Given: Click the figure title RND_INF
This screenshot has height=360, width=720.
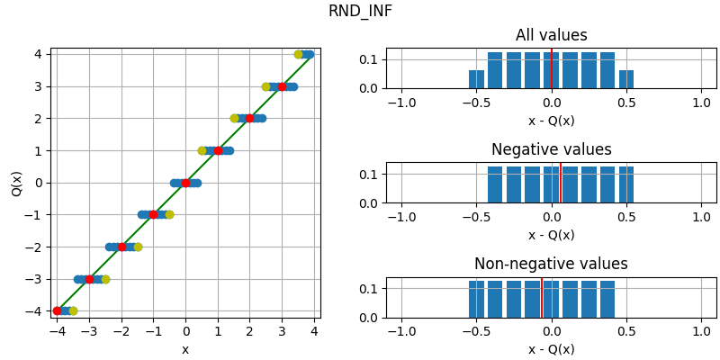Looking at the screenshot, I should (x=360, y=12).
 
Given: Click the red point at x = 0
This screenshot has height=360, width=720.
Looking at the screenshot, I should (x=185, y=183).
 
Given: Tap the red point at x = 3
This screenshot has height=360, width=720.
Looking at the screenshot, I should (x=282, y=86).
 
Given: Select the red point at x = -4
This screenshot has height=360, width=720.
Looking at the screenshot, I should (x=58, y=310).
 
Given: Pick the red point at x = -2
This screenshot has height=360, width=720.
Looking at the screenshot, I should (x=121, y=247).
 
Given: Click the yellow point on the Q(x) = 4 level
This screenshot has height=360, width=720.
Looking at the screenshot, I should (x=299, y=54).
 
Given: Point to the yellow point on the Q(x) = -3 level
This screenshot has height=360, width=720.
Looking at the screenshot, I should (x=105, y=279).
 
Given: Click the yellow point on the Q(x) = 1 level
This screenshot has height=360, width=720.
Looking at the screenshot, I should (x=202, y=150).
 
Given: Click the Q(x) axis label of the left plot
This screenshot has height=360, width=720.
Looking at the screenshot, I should (x=17, y=183).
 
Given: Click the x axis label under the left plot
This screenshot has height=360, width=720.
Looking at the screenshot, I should (x=185, y=350).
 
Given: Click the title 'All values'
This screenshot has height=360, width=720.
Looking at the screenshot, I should (x=551, y=36).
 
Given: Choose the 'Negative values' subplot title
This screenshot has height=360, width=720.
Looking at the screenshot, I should (x=551, y=150).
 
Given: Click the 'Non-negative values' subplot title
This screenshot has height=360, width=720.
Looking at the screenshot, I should (x=551, y=265).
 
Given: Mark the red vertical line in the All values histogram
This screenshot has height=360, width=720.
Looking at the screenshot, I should (x=551, y=68).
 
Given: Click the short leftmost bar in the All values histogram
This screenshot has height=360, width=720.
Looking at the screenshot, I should (x=476, y=79).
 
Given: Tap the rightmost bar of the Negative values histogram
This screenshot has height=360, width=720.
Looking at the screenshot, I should (x=626, y=184).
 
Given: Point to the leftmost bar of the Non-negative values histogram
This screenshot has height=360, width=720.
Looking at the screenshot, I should (x=476, y=299).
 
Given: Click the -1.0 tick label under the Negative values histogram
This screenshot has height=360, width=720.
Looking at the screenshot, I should (x=401, y=217).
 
